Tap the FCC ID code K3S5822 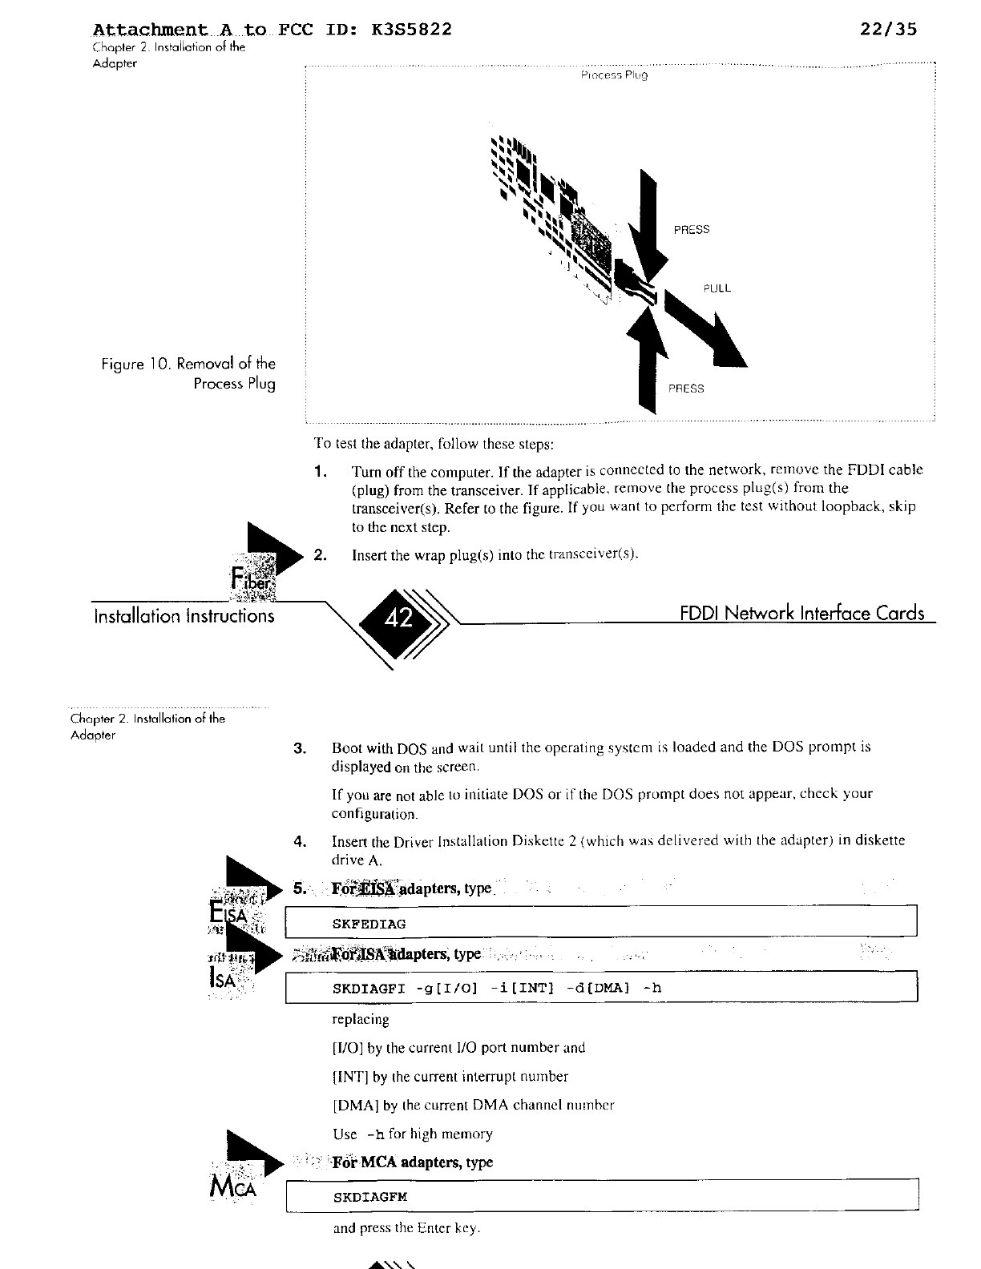pos(412,30)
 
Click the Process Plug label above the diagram pos(613,75)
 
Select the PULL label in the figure pos(717,288)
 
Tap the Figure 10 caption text pos(188,374)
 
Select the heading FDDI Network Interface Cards pos(801,614)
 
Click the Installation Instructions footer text pos(184,616)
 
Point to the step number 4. pos(301,841)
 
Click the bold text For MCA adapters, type pos(413,1162)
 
